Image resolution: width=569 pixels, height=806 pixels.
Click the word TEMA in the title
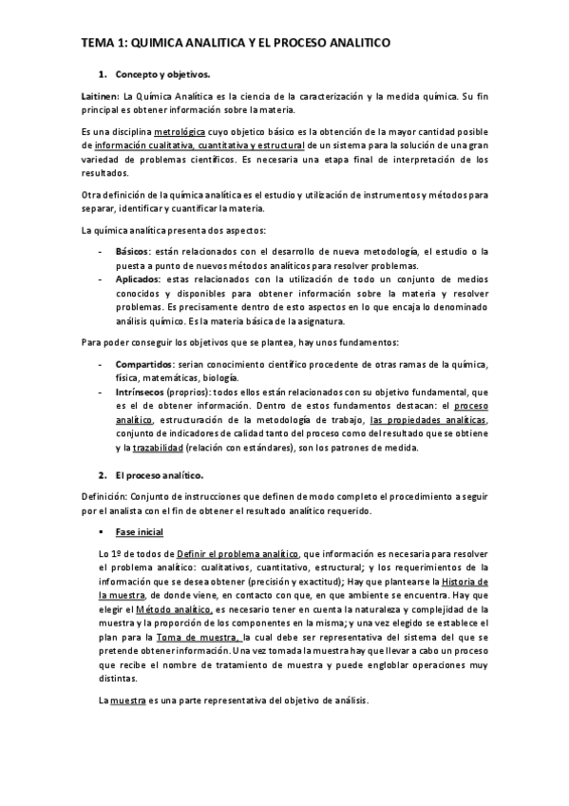97,44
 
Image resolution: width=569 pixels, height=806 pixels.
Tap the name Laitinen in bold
100,98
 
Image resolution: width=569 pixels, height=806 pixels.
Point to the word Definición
104,497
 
